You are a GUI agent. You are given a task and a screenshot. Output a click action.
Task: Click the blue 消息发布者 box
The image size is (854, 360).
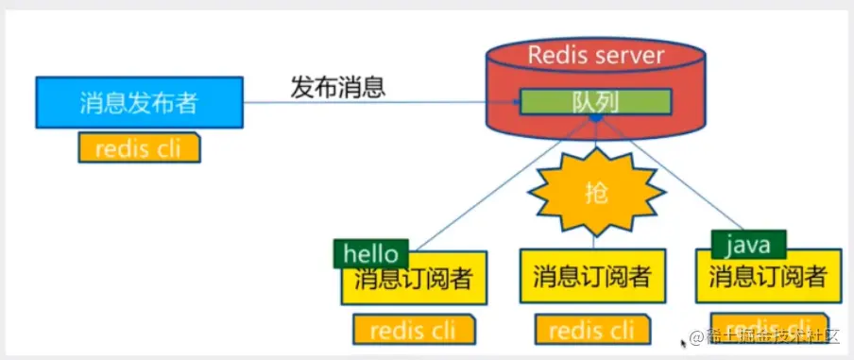[x=139, y=102]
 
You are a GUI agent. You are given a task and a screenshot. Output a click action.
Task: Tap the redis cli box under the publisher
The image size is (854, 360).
[x=140, y=148]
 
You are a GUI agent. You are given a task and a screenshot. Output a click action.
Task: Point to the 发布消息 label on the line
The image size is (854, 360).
[x=336, y=88]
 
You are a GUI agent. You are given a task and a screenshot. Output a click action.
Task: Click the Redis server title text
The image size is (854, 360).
[x=596, y=55]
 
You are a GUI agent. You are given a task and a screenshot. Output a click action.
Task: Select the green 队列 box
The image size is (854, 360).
[x=595, y=102]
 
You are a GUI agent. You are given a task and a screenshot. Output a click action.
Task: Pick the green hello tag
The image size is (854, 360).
[x=371, y=253]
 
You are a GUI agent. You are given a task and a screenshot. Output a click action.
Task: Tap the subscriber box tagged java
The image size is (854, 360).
[x=768, y=278]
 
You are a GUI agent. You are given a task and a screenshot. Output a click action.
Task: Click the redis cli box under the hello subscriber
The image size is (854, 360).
[x=415, y=330]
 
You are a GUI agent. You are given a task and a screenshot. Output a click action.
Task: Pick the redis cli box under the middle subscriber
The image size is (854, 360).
[x=592, y=330]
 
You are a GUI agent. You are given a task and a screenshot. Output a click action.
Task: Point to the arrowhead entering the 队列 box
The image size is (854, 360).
[x=516, y=102]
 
